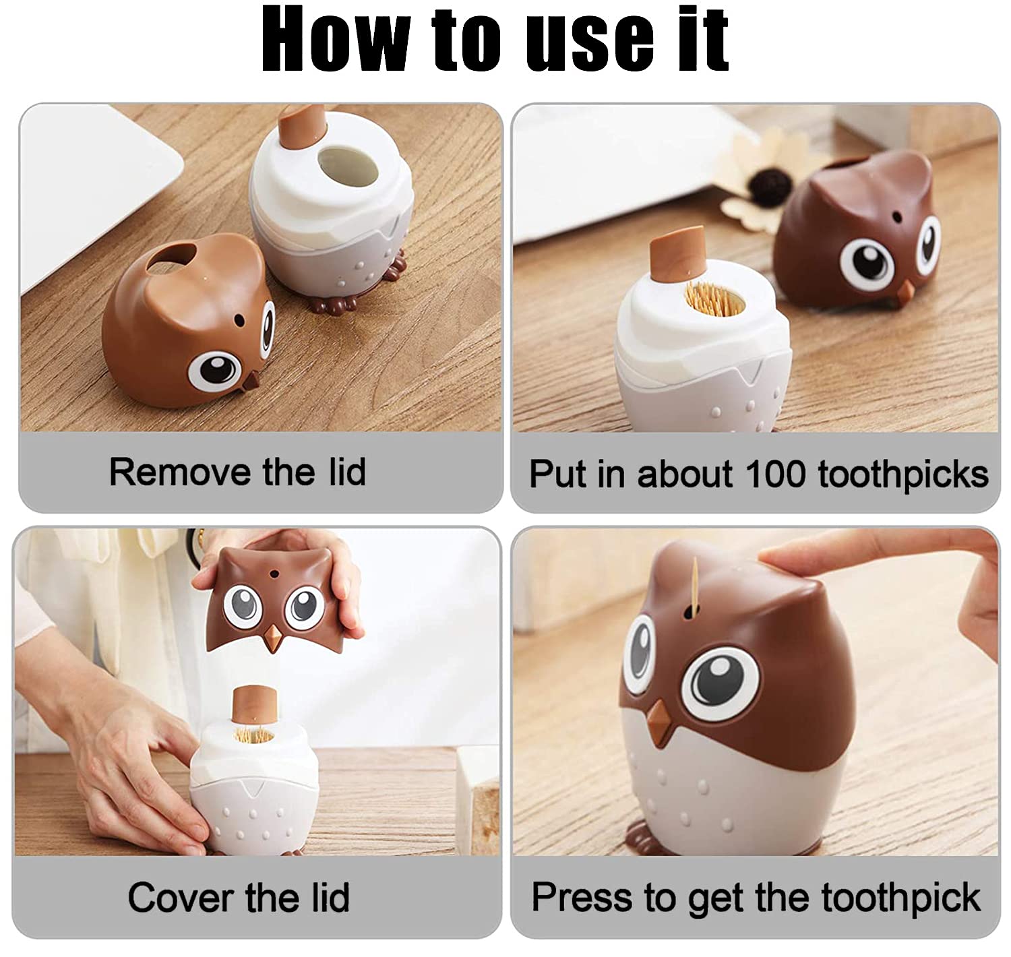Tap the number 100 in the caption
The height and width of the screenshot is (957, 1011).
point(775,474)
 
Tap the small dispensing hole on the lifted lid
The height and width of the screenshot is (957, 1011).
point(274,575)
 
